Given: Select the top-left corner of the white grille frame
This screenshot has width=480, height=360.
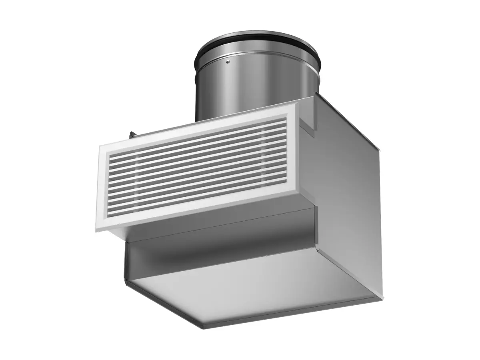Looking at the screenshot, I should pos(100,147).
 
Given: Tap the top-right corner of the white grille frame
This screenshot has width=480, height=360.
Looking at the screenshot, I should pos(297,102).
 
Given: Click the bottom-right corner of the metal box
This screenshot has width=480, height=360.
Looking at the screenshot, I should pos(382,298).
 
